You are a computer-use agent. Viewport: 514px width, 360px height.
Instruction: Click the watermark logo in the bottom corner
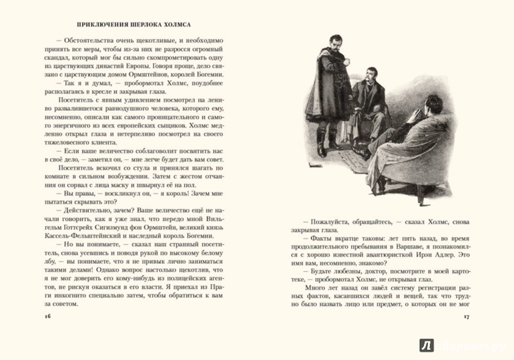[426, 344]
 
